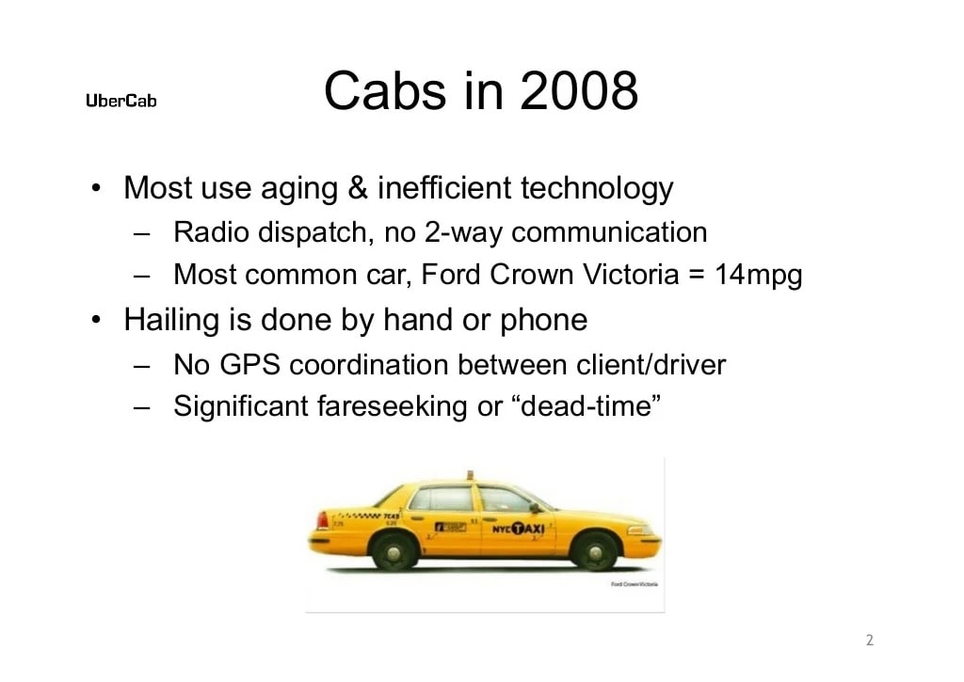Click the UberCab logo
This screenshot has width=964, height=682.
click(121, 102)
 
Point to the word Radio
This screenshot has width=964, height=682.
click(209, 231)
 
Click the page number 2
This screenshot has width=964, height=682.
click(869, 641)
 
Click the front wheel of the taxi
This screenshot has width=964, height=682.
click(595, 550)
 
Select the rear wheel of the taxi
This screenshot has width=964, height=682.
click(394, 550)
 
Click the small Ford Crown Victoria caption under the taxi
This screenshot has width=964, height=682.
click(635, 584)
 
